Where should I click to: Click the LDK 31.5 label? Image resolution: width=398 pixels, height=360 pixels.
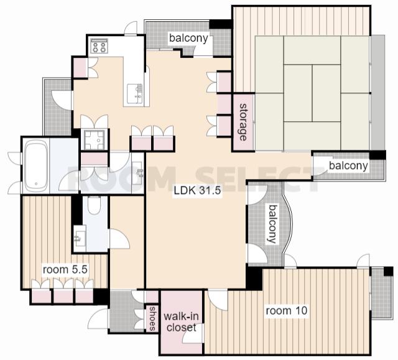tap(198, 190)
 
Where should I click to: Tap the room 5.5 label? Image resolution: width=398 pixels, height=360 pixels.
tap(65, 269)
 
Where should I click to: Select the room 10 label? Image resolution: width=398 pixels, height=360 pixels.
tap(287, 310)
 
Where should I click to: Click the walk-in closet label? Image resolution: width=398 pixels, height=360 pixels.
tap(181, 322)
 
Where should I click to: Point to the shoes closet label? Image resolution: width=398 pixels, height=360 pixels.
tap(152, 318)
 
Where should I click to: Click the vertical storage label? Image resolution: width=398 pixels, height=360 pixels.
tap(243, 122)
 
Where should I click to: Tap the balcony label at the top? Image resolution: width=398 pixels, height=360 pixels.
tap(188, 39)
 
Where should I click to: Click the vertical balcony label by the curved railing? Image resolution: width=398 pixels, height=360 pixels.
tap(272, 224)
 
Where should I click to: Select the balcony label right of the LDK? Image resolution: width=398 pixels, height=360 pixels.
tap(348, 165)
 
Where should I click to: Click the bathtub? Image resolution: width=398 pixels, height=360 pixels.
tap(36, 165)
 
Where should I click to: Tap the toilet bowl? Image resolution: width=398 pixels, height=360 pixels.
tap(94, 205)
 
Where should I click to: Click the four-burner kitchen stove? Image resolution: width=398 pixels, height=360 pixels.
tap(99, 45)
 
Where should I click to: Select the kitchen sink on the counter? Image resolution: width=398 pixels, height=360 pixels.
tap(134, 93)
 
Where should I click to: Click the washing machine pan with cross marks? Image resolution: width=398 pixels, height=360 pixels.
tap(94, 139)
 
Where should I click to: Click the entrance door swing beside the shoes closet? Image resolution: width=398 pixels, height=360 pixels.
tap(98, 318)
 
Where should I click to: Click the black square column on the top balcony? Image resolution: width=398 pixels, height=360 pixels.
tap(220, 24)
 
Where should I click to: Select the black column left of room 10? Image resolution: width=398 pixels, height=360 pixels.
tap(254, 277)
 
